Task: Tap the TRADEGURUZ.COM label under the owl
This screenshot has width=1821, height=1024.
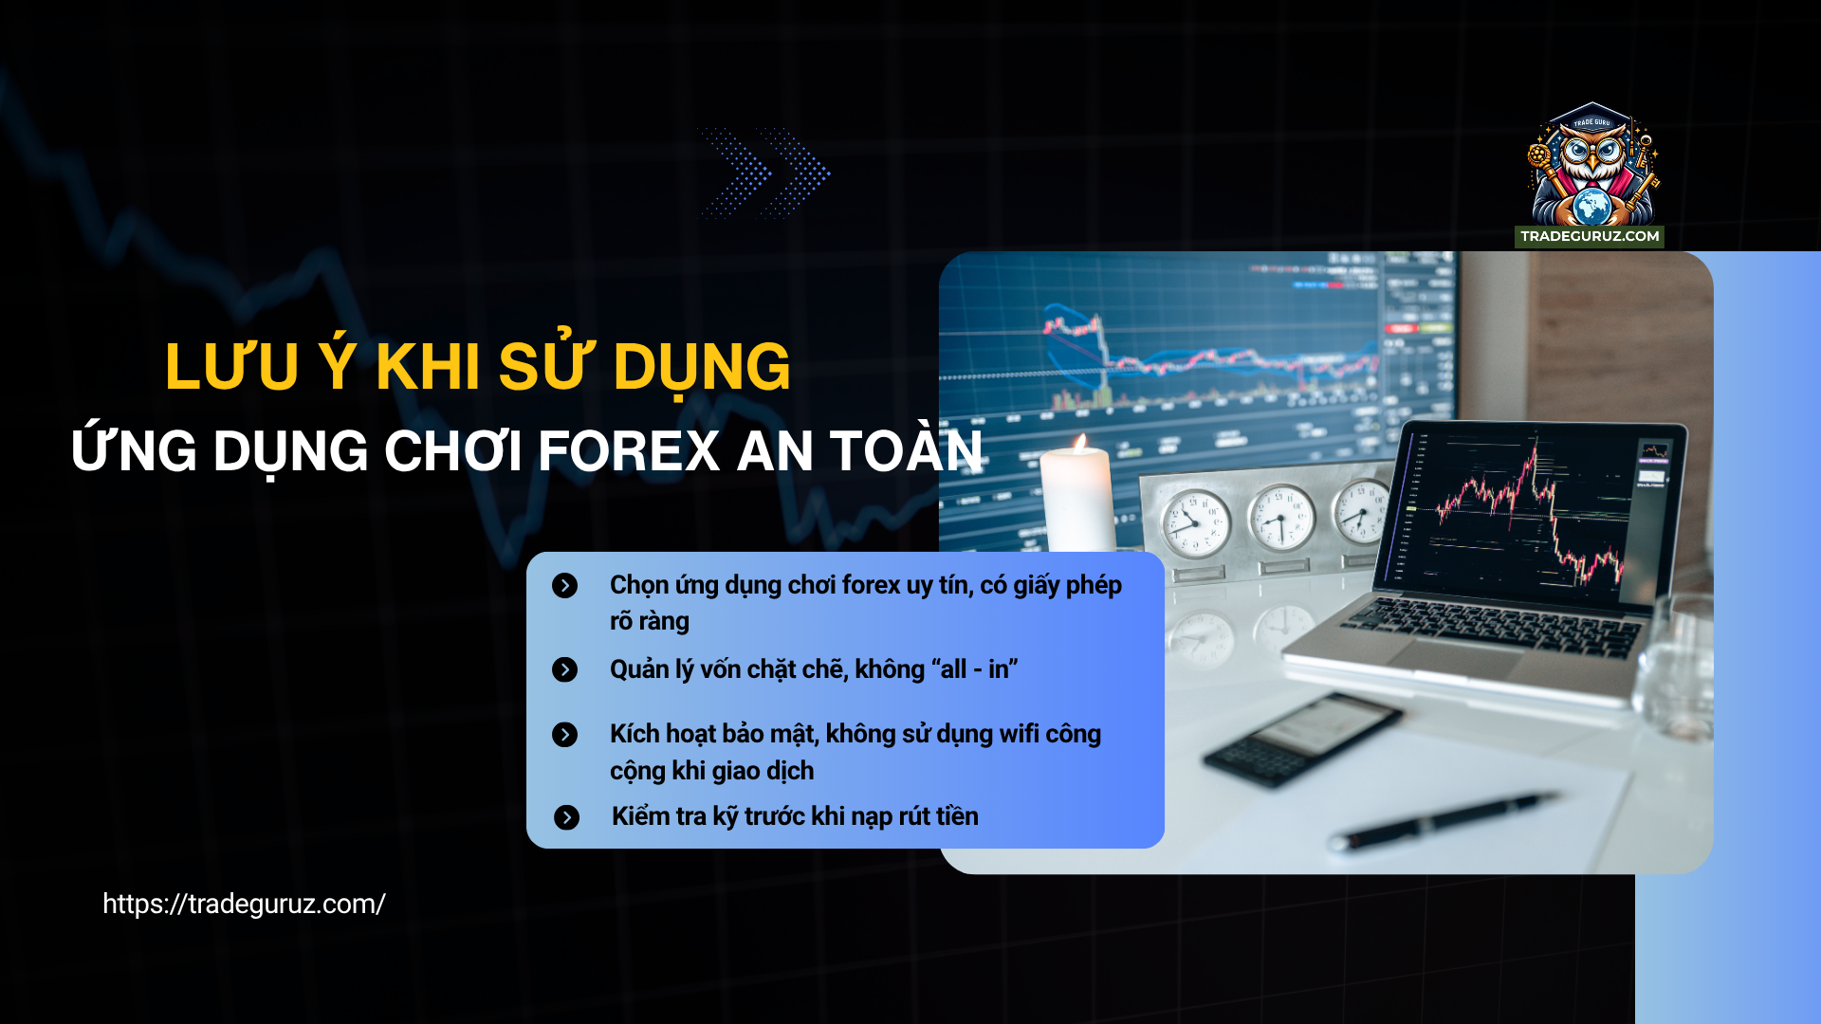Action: (x=1590, y=236)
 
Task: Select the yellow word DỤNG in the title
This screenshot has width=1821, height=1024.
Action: (x=701, y=367)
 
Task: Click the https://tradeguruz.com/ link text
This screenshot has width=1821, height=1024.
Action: (x=244, y=904)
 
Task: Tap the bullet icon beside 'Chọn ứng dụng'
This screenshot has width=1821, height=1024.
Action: (x=564, y=586)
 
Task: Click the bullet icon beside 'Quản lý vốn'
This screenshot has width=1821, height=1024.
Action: (x=564, y=670)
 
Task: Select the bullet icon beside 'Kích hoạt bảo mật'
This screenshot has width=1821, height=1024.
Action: (x=564, y=735)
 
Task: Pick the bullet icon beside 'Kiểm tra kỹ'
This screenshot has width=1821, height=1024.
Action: (x=566, y=817)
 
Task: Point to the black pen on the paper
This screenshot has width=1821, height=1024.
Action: (x=1442, y=820)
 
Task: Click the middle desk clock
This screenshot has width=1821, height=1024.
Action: (x=1281, y=517)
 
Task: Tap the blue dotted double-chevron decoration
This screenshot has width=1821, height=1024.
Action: (x=764, y=173)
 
